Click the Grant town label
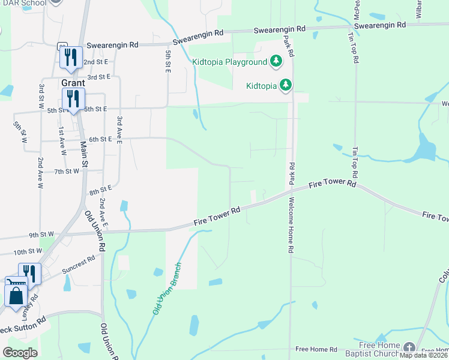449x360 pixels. click(x=73, y=83)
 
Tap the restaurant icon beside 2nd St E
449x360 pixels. click(x=71, y=57)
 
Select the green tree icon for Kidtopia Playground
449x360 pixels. click(x=276, y=61)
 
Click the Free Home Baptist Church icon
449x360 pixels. click(x=409, y=347)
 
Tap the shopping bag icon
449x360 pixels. click(x=15, y=295)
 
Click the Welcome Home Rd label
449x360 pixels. click(x=291, y=224)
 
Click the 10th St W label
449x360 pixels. click(x=28, y=251)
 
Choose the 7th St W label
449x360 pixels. click(x=67, y=172)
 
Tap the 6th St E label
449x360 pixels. click(x=101, y=139)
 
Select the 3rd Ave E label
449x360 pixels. click(x=120, y=130)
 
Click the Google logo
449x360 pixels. click(x=20, y=353)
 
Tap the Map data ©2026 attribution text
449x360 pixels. click(x=423, y=355)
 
